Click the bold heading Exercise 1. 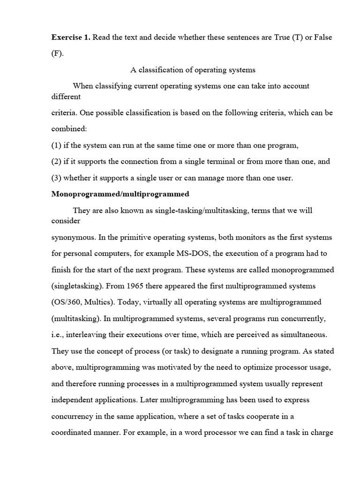click(x=71, y=37)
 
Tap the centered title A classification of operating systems click(x=193, y=70)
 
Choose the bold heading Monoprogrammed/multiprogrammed click(x=120, y=194)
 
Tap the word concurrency click(x=73, y=416)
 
